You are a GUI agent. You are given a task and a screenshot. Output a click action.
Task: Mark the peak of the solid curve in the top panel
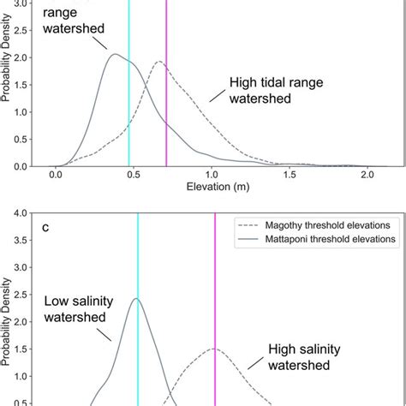pyautogui.click(x=114, y=55)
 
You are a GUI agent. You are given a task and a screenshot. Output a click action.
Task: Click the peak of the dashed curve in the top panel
pyautogui.click(x=159, y=62)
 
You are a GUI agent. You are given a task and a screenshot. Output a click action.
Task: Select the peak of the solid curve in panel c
pyautogui.click(x=137, y=299)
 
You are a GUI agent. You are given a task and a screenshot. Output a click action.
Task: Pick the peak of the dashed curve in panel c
pyautogui.click(x=214, y=349)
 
